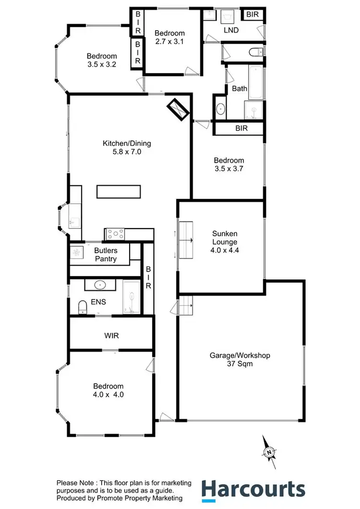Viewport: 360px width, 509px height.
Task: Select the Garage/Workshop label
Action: [x=240, y=356]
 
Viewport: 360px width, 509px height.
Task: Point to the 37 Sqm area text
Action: [x=240, y=364]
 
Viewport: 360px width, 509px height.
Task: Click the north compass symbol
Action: [x=269, y=452]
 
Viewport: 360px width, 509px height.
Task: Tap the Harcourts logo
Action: [x=253, y=490]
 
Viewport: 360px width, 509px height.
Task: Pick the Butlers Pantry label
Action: [x=106, y=255]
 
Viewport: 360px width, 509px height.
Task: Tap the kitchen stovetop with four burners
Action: [x=115, y=234]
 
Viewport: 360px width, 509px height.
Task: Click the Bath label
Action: [x=240, y=88]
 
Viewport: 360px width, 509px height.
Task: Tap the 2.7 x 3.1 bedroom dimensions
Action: [x=169, y=41]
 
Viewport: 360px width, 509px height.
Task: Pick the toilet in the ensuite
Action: [x=82, y=306]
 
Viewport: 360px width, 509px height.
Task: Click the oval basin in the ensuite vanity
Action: [x=100, y=285]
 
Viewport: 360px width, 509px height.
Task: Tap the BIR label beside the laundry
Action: [x=252, y=15]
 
